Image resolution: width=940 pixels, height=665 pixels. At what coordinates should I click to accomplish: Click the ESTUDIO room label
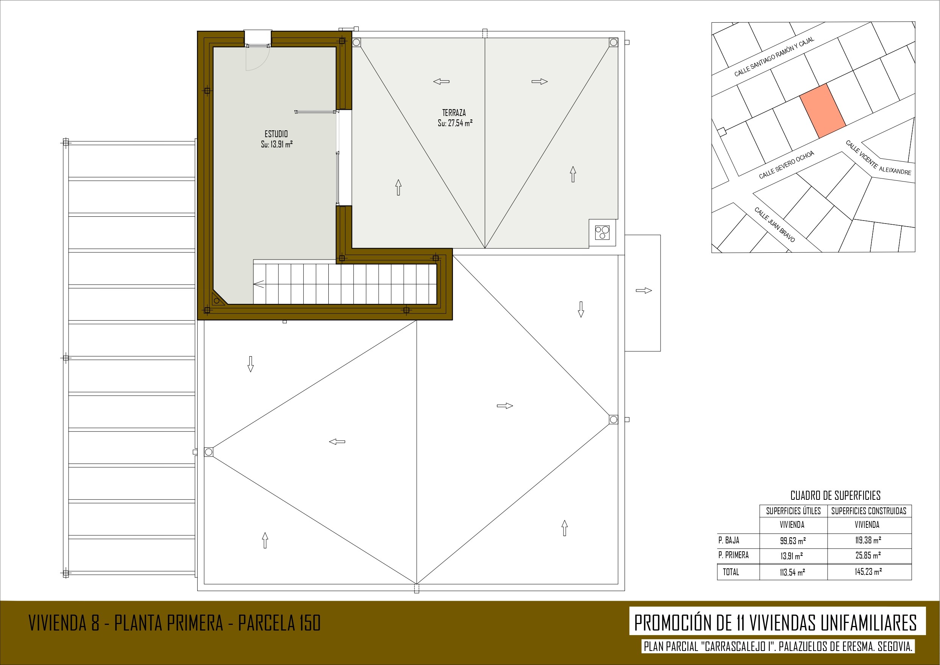276,134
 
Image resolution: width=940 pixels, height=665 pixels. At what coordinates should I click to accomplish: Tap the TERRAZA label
454,113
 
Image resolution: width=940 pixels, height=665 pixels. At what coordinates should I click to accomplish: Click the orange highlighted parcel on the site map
823,111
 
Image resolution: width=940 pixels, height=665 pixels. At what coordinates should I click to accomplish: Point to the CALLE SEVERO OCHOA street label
787,165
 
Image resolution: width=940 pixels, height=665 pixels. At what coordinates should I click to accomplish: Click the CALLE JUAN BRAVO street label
774,225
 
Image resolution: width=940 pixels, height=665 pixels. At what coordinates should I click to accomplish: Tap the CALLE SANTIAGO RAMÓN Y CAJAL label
774,56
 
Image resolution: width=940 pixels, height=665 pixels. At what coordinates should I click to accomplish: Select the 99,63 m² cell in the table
793,541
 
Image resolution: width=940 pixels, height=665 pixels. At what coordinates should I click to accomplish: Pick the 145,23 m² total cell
868,571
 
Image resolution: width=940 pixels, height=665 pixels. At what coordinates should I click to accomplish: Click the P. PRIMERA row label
733,555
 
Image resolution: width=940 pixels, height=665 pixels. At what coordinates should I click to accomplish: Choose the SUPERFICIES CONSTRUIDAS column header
869,511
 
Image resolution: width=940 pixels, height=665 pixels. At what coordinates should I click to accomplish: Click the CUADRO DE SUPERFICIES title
835,496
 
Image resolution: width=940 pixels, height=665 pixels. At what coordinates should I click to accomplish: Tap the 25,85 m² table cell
868,555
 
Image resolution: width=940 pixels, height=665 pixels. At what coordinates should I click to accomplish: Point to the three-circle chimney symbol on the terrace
602,232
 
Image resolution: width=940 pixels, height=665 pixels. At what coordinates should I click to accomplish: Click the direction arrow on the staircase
259,284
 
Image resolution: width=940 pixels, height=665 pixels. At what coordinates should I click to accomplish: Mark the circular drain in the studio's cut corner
217,301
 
